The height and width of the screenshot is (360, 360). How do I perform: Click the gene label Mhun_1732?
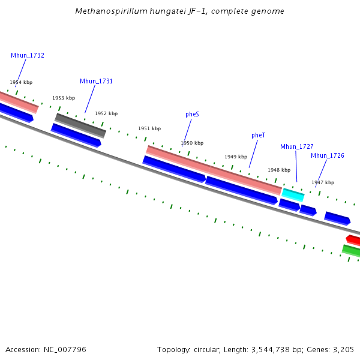[28, 55]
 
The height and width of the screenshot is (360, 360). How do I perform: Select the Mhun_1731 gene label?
[96, 81]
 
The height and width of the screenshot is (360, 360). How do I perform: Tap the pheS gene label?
[193, 113]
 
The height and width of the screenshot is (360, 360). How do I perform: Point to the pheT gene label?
[258, 135]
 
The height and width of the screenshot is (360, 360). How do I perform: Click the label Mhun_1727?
[296, 146]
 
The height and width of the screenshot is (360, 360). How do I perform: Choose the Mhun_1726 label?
[328, 155]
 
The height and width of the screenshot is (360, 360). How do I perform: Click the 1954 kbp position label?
[21, 82]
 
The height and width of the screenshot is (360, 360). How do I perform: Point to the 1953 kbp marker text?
[64, 98]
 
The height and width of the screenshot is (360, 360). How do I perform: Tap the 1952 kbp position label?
[106, 113]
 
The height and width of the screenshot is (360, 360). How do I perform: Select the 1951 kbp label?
[149, 128]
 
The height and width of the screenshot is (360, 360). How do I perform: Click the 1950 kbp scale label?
[192, 143]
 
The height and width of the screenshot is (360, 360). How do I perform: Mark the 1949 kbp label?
[236, 157]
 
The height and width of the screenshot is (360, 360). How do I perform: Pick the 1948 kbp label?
[279, 170]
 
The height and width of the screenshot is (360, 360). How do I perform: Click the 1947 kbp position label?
[323, 182]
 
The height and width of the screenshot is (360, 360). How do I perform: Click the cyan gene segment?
[293, 194]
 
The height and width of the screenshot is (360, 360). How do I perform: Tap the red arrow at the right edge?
[353, 240]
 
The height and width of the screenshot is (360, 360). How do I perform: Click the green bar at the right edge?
[352, 250]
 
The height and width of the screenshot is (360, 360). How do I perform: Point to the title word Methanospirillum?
[105, 11]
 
